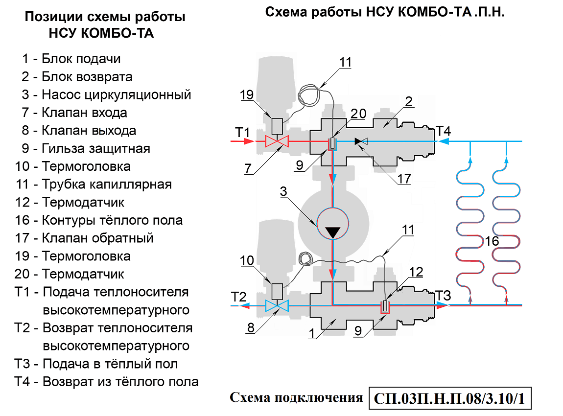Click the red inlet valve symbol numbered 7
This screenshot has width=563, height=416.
click(x=277, y=141)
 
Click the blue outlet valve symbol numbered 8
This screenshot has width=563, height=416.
click(x=277, y=306)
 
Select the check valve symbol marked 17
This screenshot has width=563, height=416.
click(x=360, y=141)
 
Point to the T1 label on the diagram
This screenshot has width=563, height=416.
click(x=243, y=132)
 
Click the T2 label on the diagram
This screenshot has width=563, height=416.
click(x=238, y=297)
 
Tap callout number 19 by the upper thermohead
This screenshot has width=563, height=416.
click(x=247, y=95)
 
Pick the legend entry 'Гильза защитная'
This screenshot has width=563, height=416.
click(x=83, y=148)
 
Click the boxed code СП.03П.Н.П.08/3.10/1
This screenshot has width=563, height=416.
click(x=449, y=398)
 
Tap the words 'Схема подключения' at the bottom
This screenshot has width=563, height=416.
click(x=296, y=397)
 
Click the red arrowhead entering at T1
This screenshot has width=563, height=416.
click(x=250, y=141)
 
